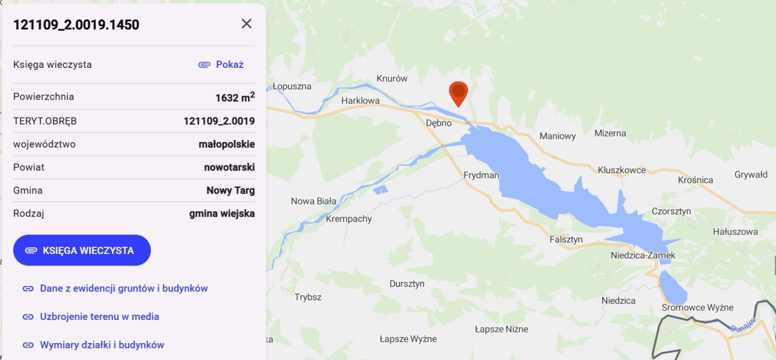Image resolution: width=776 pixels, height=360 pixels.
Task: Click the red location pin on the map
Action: [458, 93]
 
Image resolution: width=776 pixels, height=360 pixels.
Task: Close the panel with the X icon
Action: [246, 24]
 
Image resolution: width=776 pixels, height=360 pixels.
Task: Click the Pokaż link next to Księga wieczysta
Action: [222, 64]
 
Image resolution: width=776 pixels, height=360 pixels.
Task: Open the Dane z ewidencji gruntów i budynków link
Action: [124, 288]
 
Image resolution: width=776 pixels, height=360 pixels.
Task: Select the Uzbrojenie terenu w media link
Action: [99, 316]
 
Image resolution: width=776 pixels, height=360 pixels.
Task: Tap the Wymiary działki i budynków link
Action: [102, 345]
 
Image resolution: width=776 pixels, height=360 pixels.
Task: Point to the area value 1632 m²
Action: [235, 97]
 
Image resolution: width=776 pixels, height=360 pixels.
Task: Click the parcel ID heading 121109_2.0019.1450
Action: [76, 25]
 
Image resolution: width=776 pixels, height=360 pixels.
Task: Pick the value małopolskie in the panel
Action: [227, 144]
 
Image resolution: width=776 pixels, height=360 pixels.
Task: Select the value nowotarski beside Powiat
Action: [229, 167]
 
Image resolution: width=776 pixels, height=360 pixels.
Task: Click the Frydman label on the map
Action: [481, 175]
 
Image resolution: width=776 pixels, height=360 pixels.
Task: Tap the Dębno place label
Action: [439, 123]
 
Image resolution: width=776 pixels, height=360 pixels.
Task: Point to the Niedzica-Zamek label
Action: [643, 256]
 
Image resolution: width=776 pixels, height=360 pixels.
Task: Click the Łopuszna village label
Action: [292, 87]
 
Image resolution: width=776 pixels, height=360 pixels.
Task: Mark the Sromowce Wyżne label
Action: [697, 307]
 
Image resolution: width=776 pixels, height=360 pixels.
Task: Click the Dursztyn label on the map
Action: [407, 284]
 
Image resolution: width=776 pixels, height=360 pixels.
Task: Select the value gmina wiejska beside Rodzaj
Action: [222, 213]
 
